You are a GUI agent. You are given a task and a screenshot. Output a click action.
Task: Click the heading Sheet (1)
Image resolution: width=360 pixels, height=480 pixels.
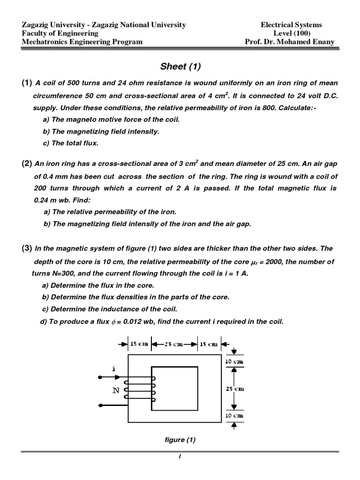pos(180,66)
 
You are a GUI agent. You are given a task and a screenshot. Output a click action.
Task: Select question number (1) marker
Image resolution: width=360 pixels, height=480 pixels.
pos(26,83)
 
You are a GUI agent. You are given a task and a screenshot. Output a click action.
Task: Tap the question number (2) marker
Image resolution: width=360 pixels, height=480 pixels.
pos(26,164)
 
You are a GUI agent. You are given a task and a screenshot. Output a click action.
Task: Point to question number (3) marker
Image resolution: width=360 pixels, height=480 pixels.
pos(26,248)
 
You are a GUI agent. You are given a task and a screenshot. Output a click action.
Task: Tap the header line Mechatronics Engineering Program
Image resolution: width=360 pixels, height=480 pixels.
pos(82,42)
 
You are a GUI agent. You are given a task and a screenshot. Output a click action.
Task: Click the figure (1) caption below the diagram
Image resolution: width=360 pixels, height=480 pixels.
pos(180,440)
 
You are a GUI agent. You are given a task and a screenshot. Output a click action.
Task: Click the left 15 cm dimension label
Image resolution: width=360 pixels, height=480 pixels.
pos(138,344)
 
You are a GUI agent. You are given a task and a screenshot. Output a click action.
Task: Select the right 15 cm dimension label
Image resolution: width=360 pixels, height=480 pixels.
pos(209,344)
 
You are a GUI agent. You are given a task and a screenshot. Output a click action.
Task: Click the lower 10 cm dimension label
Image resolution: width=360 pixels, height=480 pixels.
pos(234,416)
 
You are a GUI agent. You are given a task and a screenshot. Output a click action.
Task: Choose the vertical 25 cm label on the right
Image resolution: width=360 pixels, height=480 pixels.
pos(234,389)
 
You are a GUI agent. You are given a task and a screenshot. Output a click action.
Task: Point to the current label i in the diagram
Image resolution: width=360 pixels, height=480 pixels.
pos(113,369)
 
